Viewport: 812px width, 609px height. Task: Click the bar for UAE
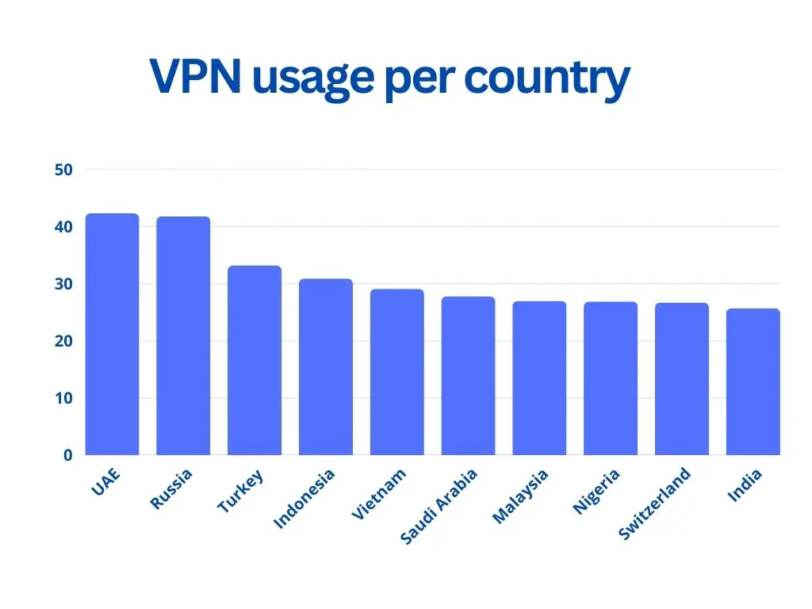112,334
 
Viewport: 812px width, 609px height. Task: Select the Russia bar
183,335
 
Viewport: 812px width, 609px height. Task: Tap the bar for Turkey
255,360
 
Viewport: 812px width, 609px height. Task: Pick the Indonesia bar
326,366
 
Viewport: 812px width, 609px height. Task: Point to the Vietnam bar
397,372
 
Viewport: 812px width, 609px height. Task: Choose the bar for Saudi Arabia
468,376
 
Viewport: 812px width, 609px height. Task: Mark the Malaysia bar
539,378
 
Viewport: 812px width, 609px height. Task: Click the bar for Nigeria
611,378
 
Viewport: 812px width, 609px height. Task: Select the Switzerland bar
682,379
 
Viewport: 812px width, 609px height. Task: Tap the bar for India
753,381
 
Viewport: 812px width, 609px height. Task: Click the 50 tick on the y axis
64,170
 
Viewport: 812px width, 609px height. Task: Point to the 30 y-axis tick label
64,284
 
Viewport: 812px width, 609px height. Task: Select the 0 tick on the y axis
68,455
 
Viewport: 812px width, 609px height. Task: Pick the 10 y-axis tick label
64,398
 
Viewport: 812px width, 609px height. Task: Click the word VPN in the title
195,78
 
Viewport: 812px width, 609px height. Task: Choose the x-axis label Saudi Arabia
439,507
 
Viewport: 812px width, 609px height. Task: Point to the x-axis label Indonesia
304,498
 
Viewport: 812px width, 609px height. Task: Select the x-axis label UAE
105,483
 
